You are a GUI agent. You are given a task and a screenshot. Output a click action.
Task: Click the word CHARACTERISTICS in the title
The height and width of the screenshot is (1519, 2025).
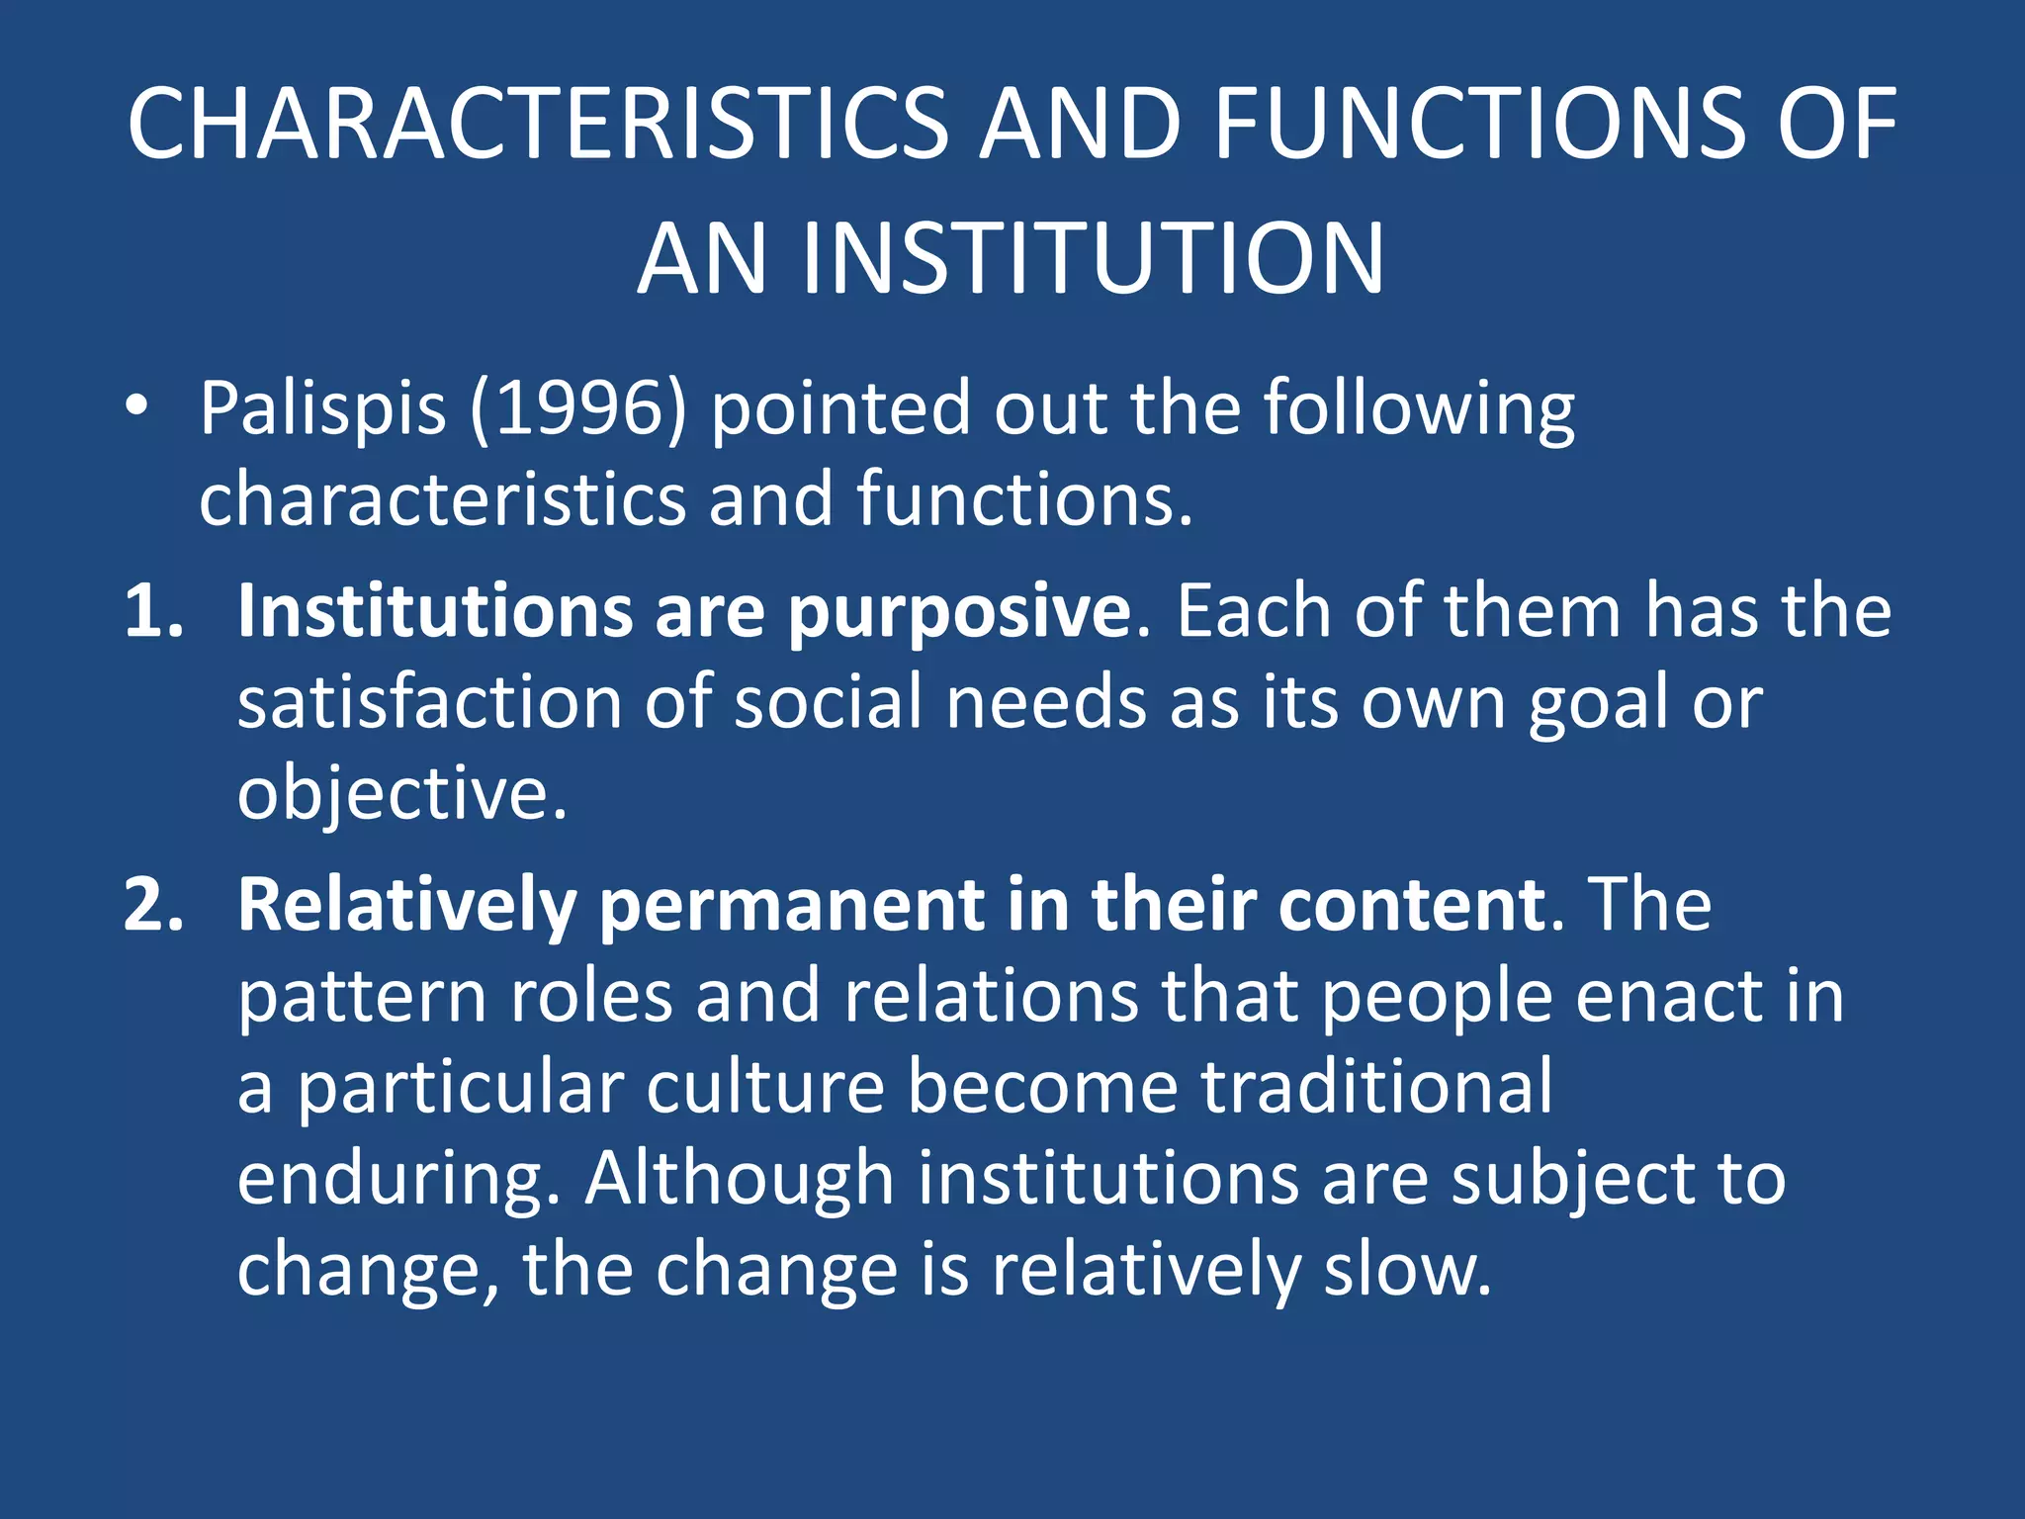(x=539, y=124)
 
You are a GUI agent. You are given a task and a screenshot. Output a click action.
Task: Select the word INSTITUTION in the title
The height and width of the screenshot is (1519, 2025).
(x=1093, y=259)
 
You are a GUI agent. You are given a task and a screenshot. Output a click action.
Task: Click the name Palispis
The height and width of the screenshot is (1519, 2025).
(x=322, y=407)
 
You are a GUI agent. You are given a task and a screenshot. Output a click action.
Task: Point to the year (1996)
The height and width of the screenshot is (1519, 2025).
(x=577, y=407)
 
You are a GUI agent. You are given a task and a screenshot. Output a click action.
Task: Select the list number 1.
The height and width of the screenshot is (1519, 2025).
(x=153, y=611)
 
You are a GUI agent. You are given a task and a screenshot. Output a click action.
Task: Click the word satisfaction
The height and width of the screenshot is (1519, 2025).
(x=428, y=702)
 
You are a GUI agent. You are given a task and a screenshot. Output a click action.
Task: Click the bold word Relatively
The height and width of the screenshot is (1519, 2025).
(x=406, y=906)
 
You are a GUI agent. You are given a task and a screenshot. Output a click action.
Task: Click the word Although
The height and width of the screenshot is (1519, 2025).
(x=740, y=1179)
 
